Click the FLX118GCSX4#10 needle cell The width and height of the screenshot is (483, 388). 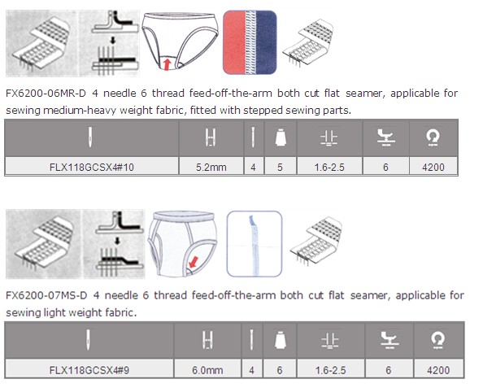[92, 167]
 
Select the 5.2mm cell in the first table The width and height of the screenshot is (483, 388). [211, 167]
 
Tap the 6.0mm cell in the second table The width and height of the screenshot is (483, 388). [207, 369]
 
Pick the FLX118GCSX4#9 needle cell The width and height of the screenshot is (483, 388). [89, 369]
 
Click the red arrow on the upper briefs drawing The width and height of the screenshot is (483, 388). [167, 64]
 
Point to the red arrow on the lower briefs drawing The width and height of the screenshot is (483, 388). [194, 262]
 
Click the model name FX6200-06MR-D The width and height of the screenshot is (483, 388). [46, 93]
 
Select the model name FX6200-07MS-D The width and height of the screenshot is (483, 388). [46, 295]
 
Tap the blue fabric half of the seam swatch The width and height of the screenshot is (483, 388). [266, 42]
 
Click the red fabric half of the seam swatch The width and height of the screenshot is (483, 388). [234, 42]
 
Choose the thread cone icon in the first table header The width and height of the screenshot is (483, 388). [281, 137]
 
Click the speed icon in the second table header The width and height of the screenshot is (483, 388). [437, 341]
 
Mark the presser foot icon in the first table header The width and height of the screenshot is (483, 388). [385, 137]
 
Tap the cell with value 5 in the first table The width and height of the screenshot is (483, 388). [280, 167]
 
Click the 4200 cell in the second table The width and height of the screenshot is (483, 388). [438, 369]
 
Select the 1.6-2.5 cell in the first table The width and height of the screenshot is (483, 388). [329, 167]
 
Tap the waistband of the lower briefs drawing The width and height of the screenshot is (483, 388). [184, 216]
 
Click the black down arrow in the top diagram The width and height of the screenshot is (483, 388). [113, 41]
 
